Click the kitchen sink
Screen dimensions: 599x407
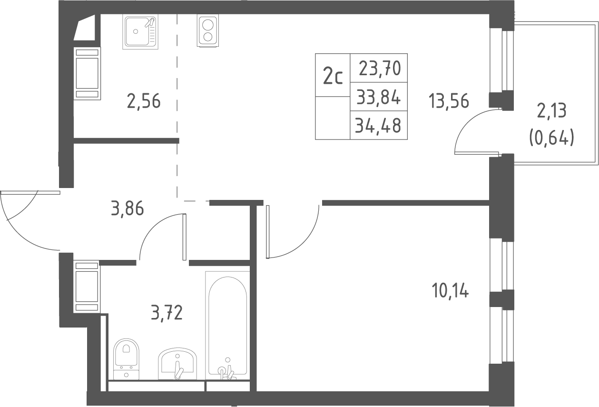click(x=140, y=31)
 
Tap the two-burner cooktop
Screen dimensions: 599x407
click(x=208, y=30)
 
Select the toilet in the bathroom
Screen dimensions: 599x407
click(x=126, y=359)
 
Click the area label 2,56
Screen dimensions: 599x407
click(x=144, y=101)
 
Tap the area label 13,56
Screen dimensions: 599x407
click(x=449, y=101)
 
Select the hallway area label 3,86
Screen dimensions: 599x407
click(x=128, y=209)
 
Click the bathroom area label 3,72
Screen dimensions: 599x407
click(x=167, y=313)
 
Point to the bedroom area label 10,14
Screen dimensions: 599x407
click(x=450, y=291)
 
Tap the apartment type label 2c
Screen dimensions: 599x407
click(x=333, y=76)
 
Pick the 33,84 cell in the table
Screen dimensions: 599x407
click(x=379, y=97)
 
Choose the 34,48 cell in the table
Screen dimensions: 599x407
click(x=378, y=125)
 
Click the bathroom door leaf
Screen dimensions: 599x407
click(x=184, y=237)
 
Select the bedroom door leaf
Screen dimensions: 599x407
click(x=268, y=232)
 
